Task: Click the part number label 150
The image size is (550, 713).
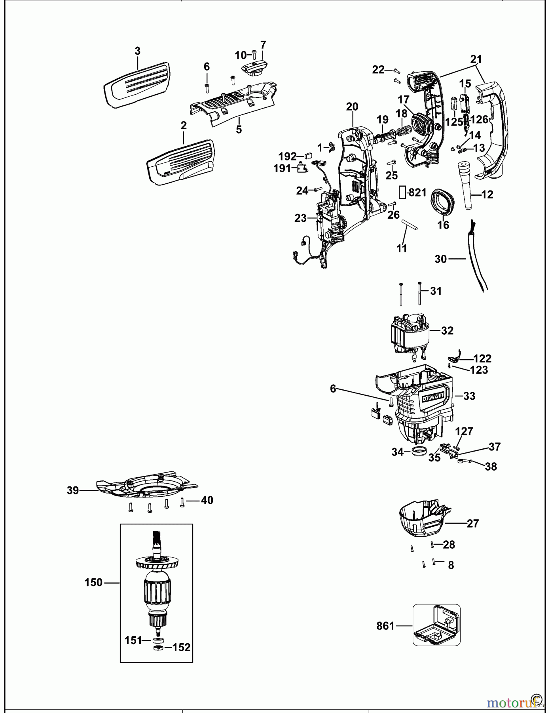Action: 93,583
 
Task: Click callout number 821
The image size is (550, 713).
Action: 417,193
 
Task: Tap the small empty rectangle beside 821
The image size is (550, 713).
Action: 402,193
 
